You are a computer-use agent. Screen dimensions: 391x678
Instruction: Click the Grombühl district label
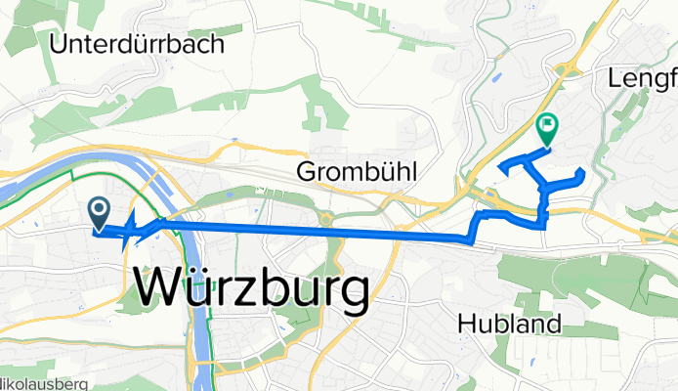click(356, 173)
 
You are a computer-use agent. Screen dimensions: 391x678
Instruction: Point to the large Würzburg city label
click(250, 289)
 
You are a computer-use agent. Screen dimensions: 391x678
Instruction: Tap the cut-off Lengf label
click(641, 77)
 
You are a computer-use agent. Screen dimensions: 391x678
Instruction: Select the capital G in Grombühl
click(304, 173)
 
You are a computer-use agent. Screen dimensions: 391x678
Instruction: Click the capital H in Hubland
click(466, 324)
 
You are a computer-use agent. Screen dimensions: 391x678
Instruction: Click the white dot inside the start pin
click(99, 207)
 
